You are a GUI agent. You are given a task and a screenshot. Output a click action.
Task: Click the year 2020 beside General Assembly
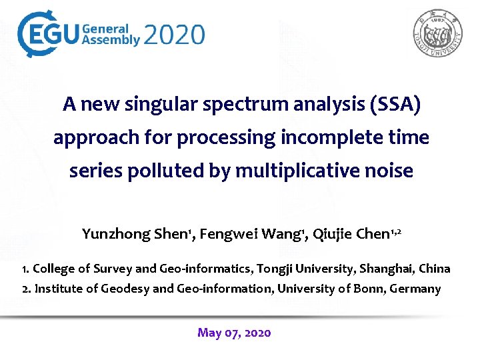175,34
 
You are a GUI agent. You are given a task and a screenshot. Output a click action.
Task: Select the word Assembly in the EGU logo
111,40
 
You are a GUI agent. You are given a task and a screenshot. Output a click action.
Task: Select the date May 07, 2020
234,333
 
